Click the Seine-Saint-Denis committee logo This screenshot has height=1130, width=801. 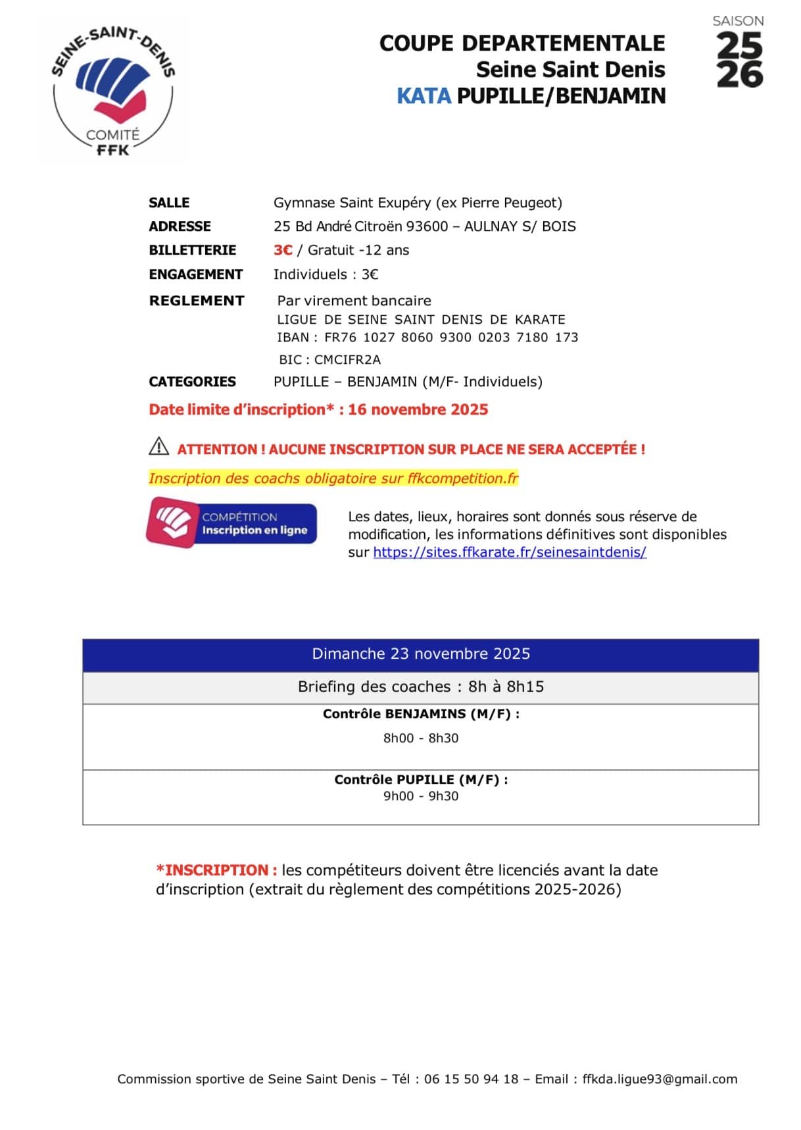click(113, 91)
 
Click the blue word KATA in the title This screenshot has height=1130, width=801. click(424, 96)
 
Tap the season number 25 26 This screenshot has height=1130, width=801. click(739, 61)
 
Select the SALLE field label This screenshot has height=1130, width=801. click(169, 203)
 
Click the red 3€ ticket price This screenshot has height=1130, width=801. click(283, 250)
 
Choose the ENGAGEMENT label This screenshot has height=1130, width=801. click(195, 274)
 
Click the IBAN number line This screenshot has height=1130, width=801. click(427, 338)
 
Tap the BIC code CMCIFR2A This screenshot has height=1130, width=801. click(347, 360)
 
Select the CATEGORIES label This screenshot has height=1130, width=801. click(192, 382)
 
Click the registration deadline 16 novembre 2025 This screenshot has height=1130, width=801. click(418, 410)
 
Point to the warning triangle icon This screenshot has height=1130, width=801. click(158, 447)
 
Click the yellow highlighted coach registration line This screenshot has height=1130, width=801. click(333, 478)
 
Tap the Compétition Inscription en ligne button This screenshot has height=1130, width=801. click(231, 523)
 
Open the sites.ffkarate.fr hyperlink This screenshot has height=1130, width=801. click(510, 552)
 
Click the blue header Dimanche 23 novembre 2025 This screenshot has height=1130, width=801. click(421, 654)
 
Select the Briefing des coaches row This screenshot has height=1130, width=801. click(421, 687)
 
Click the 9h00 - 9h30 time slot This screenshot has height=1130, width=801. click(421, 796)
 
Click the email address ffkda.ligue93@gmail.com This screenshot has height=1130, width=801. click(660, 1079)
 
